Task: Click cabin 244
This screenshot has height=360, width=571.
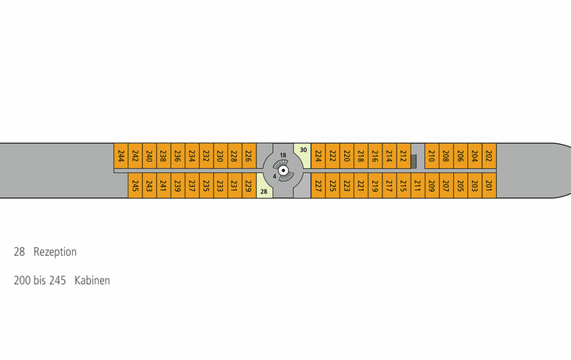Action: [x=121, y=156]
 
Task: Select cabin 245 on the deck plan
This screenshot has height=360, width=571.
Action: [x=135, y=185]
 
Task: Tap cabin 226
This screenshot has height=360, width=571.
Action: [x=249, y=156]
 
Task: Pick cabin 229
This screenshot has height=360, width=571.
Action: [x=249, y=185]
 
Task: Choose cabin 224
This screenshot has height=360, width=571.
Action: [x=318, y=156]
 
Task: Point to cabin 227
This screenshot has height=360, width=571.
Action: [x=318, y=185]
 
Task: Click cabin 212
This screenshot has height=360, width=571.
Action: [x=404, y=156]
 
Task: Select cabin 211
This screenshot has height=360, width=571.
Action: [x=418, y=185]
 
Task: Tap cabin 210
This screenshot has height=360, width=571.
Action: [x=432, y=156]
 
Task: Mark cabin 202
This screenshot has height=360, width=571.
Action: [x=489, y=156]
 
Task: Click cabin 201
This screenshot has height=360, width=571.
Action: [x=489, y=185]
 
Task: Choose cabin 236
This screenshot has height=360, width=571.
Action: [x=178, y=156]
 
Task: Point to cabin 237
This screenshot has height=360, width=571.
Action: [x=192, y=185]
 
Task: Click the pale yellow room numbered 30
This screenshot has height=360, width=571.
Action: [x=303, y=155]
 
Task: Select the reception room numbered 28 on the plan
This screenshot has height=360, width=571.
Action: [x=264, y=185]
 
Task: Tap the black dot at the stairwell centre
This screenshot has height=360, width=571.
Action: [x=283, y=171]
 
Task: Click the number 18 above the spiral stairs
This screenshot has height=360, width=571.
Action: [x=283, y=155]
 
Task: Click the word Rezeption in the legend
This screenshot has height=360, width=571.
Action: [x=55, y=252]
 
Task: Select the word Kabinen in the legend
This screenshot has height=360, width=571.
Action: [x=92, y=280]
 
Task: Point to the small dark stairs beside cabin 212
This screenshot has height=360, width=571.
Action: [x=414, y=161]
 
